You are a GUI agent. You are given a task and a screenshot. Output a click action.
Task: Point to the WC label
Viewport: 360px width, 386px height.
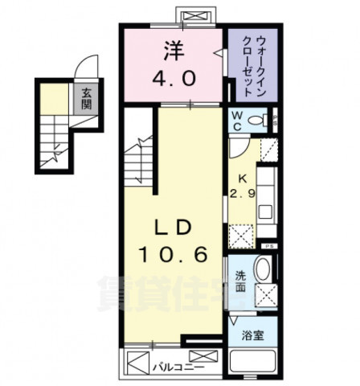tap(239, 121)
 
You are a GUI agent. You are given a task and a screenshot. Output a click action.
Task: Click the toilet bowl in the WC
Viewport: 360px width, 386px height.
tap(258, 121)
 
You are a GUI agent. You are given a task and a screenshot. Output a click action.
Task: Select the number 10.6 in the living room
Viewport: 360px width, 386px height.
tap(177, 256)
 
